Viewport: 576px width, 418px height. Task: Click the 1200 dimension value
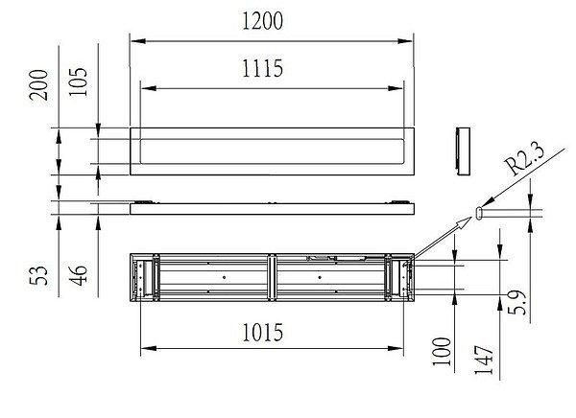[262, 21]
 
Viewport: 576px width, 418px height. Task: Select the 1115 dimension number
[262, 68]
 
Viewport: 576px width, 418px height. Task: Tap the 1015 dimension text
[262, 333]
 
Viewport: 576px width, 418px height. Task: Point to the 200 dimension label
[39, 84]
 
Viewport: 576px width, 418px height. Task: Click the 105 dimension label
[79, 81]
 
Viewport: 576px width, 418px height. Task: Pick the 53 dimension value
[39, 275]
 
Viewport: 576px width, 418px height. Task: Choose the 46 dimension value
[79, 275]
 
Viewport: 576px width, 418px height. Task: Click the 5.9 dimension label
[516, 303]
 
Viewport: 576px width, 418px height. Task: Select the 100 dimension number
[442, 352]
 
